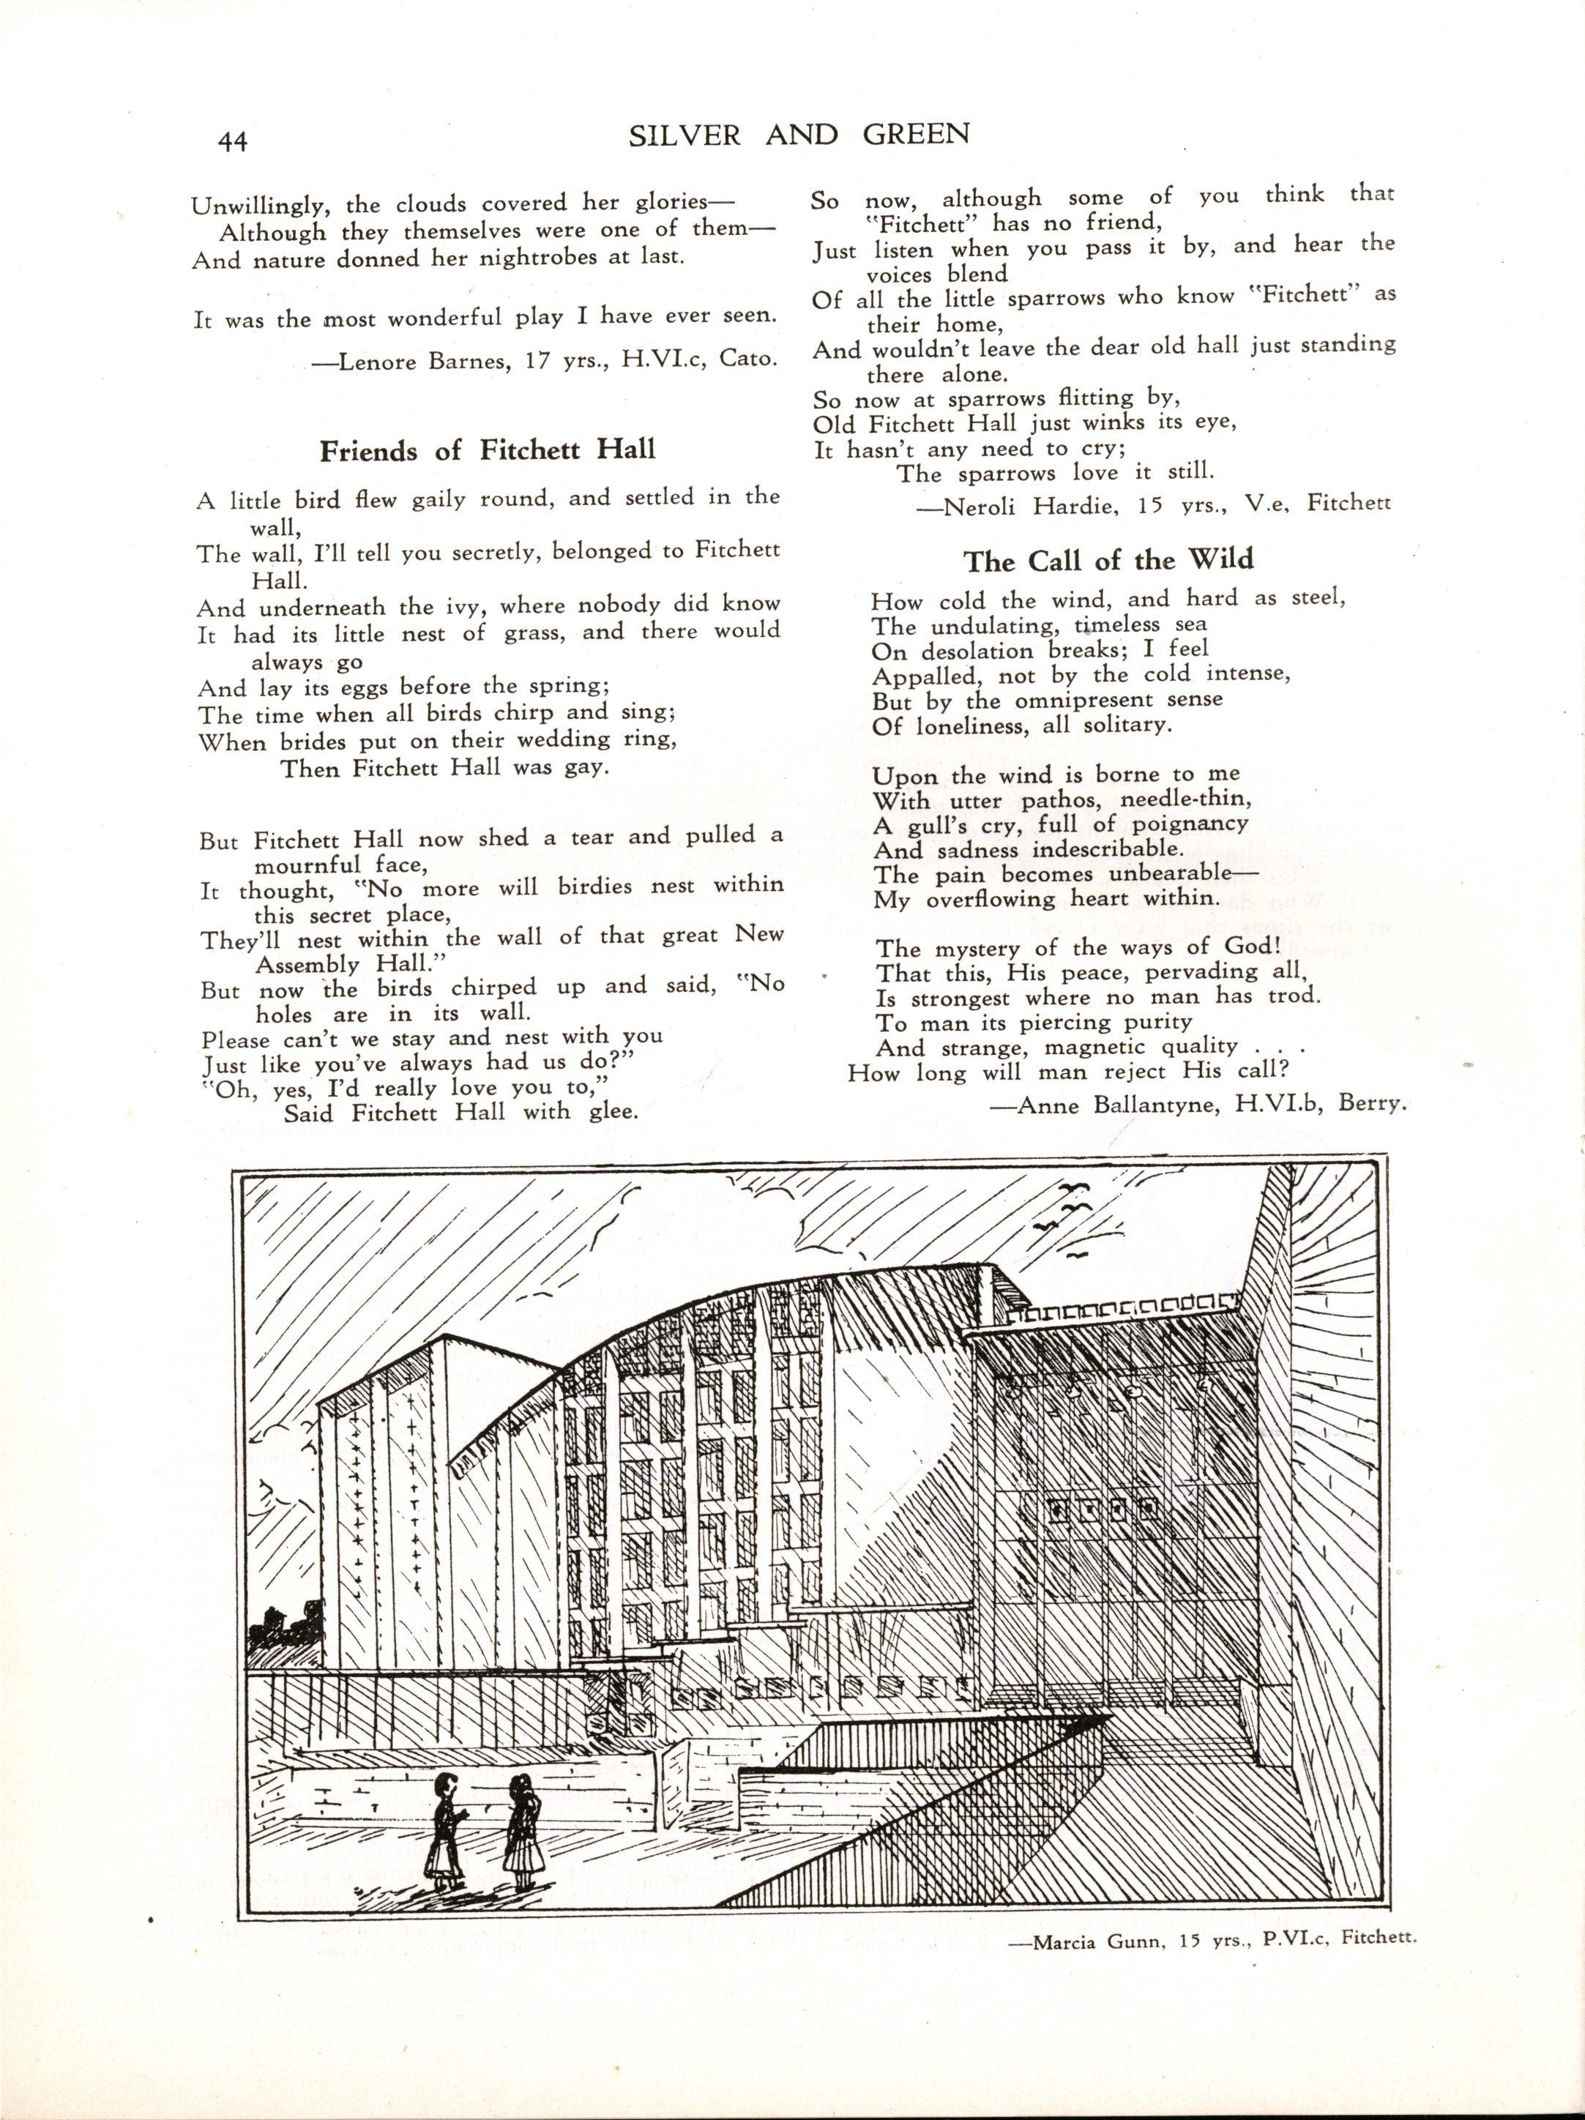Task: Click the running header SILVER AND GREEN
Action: click(799, 136)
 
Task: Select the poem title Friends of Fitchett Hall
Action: click(488, 449)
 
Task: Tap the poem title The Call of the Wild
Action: click(1108, 560)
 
